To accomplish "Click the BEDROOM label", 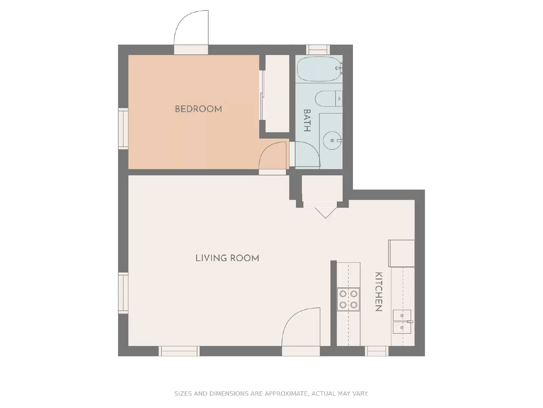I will [198, 109].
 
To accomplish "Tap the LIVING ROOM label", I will [227, 258].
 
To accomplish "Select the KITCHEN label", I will [378, 292].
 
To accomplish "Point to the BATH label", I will [306, 120].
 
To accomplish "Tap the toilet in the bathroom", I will [327, 99].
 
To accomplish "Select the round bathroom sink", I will [332, 140].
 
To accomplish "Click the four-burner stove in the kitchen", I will [348, 299].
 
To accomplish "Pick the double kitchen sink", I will [402, 322].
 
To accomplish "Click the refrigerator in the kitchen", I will [401, 253].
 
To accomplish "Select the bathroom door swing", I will [307, 155].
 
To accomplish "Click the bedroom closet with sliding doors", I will [277, 93].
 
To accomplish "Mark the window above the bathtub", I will [318, 50].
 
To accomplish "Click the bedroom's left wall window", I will [123, 129].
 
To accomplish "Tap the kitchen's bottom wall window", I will [377, 351].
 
